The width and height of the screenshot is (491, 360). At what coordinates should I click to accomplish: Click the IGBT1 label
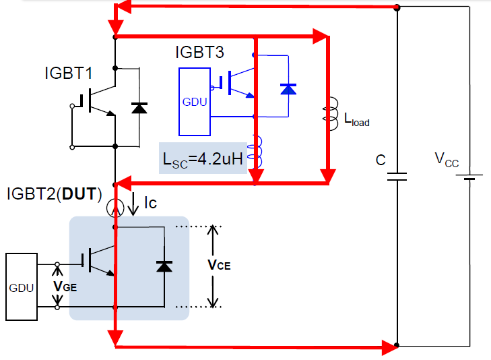69,73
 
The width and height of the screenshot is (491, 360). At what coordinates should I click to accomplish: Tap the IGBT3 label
200,52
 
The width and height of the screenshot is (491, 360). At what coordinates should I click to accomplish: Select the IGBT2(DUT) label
54,193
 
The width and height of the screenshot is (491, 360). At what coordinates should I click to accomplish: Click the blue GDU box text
195,102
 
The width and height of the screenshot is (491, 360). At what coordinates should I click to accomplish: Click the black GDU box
22,287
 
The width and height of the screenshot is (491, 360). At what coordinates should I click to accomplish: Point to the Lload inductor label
357,119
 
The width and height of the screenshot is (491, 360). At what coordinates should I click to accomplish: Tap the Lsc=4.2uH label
203,160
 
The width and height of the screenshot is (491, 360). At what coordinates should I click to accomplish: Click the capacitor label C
381,160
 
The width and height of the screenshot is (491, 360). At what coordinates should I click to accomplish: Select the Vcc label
447,160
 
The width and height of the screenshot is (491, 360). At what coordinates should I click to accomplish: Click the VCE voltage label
219,266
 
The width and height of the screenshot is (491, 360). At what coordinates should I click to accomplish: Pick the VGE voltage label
65,287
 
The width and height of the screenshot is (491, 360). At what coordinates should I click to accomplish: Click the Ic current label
151,203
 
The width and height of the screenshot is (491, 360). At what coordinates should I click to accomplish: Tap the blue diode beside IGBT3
288,89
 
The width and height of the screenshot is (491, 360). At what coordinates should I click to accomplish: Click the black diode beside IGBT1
139,108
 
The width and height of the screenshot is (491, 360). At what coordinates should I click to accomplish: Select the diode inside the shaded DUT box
164,266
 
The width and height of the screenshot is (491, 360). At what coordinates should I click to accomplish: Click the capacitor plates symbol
397,177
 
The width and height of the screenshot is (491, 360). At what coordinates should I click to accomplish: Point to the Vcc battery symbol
469,177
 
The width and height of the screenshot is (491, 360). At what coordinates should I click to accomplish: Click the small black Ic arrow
133,204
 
